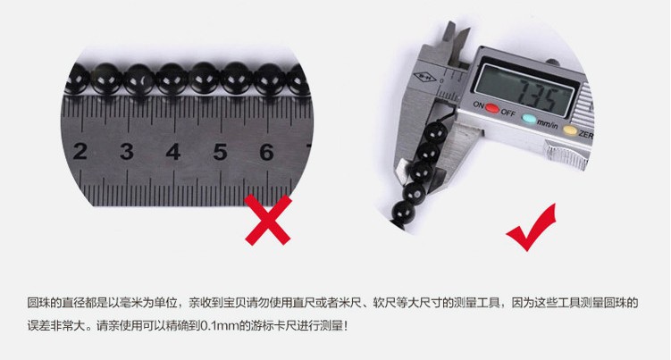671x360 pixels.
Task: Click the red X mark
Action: click(268, 220)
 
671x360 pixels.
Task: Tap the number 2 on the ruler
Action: click(80, 152)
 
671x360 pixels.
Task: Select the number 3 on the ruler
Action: click(127, 152)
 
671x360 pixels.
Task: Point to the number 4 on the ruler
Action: click(172, 152)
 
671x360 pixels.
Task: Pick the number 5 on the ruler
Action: click(220, 152)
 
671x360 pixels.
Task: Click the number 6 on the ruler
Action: click(266, 152)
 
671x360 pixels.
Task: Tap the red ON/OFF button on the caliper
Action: click(492, 109)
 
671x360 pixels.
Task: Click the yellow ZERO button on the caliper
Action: click(570, 130)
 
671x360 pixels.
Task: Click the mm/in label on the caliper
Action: click(548, 124)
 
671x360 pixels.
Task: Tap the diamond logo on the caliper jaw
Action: click(424, 78)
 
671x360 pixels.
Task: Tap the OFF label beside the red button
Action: click(508, 113)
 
